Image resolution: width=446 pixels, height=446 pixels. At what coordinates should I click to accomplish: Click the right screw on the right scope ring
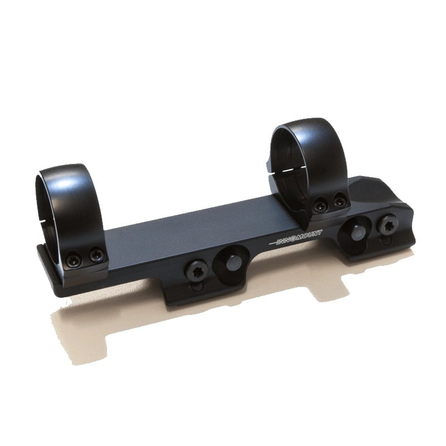pos(338,200)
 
